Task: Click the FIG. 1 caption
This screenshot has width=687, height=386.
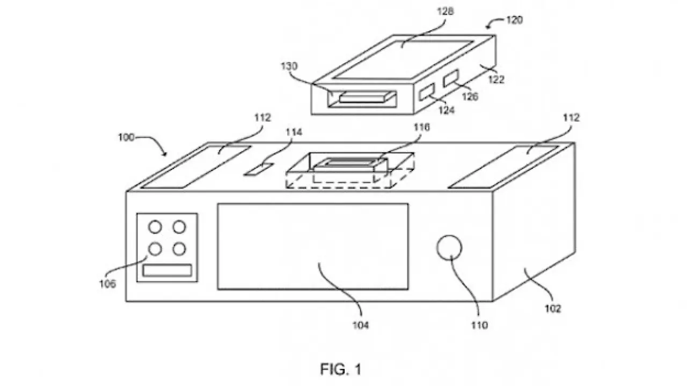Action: (341, 369)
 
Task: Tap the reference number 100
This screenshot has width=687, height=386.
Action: (127, 137)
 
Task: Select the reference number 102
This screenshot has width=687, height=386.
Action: (552, 309)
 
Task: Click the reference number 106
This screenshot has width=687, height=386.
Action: (107, 284)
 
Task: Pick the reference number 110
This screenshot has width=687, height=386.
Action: (479, 324)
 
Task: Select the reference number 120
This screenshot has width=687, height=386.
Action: (514, 21)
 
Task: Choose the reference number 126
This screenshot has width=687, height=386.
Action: (470, 97)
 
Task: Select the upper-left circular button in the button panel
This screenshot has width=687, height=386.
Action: (155, 228)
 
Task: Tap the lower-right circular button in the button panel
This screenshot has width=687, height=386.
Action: (179, 249)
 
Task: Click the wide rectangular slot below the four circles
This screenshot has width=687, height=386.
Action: (167, 271)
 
